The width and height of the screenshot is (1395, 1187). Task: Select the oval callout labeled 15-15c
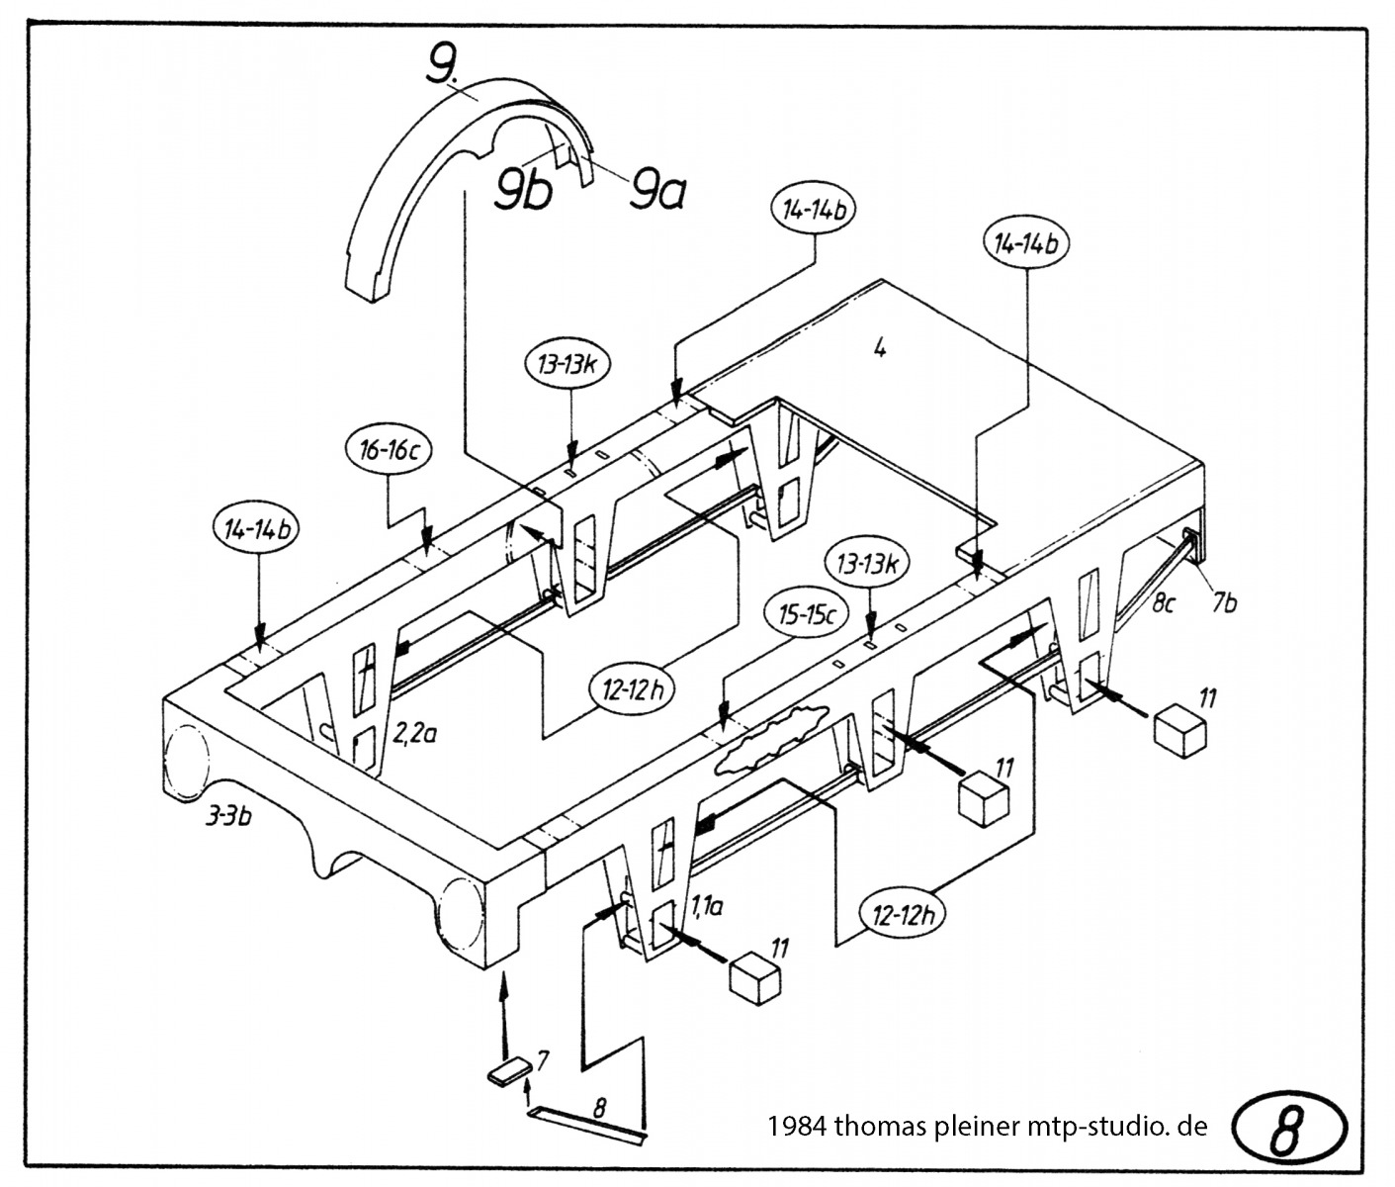807,615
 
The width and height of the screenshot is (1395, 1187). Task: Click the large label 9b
523,190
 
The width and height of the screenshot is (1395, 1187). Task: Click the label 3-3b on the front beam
228,817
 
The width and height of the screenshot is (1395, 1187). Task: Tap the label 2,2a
414,732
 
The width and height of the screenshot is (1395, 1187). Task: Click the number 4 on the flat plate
879,348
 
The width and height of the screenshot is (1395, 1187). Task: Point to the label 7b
1224,603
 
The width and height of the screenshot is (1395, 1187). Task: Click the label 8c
1163,604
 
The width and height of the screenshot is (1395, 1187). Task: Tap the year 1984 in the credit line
797,1127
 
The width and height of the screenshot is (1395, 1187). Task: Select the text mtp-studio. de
1117,1127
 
